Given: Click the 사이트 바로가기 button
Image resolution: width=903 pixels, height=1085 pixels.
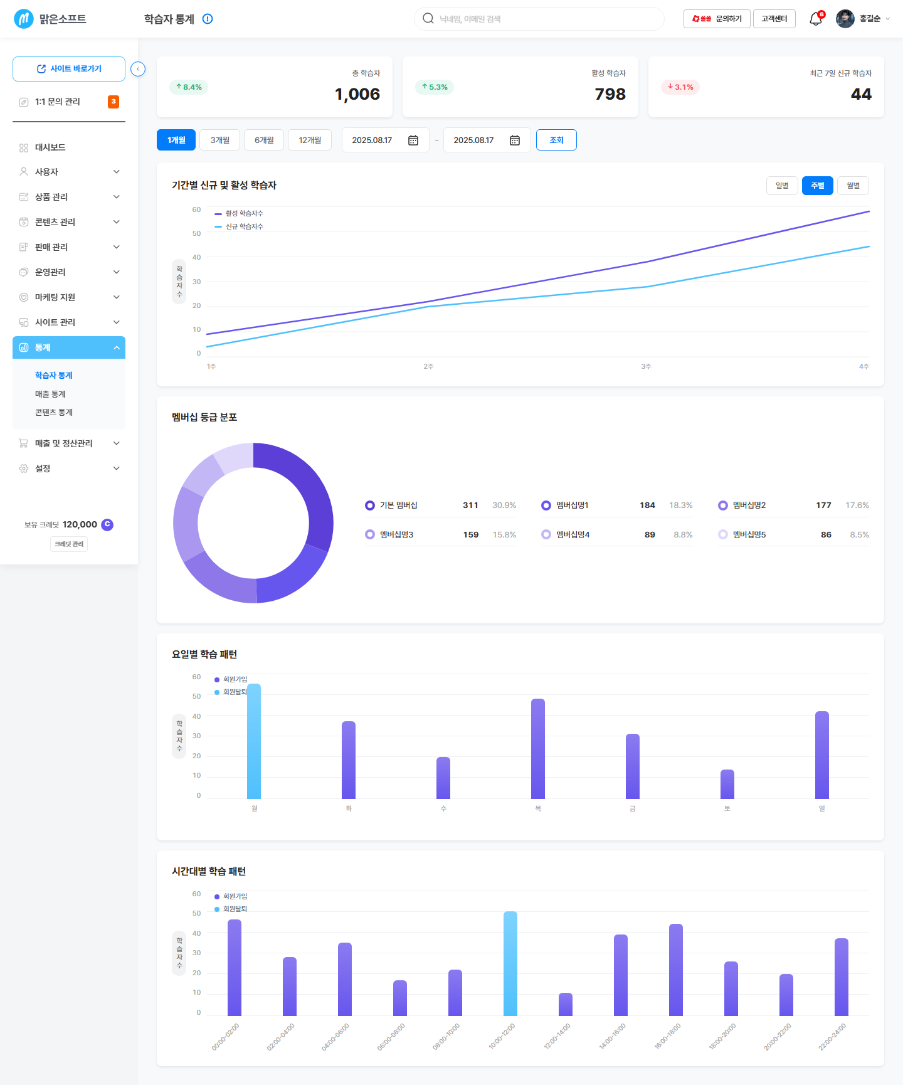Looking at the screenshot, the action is point(69,69).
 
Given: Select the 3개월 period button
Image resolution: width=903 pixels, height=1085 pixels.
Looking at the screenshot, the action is point(220,140).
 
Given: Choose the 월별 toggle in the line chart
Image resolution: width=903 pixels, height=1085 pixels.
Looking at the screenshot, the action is point(853,186).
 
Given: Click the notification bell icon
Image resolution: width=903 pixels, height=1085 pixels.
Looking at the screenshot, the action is point(816,19).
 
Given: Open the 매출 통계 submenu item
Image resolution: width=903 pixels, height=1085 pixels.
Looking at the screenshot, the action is point(50,394).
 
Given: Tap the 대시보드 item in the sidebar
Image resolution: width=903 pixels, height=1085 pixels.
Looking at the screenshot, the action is point(50,147).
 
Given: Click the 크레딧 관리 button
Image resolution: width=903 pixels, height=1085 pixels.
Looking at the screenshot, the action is point(69,544).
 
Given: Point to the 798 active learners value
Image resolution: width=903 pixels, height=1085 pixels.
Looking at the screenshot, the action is point(610,94).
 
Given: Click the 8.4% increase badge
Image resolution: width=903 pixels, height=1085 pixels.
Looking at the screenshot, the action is point(189,87).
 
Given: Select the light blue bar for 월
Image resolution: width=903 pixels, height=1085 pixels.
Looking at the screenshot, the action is point(254,741).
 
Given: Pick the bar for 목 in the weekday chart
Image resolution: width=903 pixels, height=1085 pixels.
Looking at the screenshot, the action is point(538,748).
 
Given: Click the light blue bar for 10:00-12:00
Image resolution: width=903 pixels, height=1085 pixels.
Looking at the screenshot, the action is point(510,963).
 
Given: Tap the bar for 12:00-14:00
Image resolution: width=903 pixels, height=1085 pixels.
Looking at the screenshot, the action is point(566,1004).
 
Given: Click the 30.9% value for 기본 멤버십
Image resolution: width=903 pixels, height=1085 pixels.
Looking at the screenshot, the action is point(504,505).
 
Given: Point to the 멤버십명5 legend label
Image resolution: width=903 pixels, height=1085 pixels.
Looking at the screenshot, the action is point(749,535).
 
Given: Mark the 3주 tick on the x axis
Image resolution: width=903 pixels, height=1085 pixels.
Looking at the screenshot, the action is point(646,366).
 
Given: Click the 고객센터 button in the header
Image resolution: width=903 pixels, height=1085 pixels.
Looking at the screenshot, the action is point(774,19).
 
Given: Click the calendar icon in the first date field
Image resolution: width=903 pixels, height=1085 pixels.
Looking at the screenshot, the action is point(413,140).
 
